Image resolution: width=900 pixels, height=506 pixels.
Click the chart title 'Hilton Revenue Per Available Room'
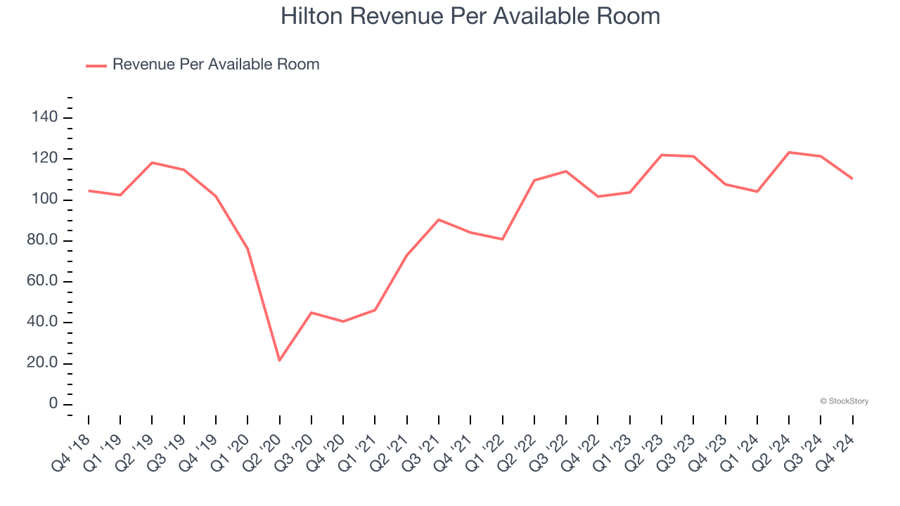(x=470, y=16)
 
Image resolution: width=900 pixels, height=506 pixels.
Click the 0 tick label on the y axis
(x=52, y=405)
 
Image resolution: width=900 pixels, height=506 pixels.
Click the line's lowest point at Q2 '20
(x=280, y=361)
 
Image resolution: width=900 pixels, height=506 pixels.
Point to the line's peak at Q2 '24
(x=790, y=153)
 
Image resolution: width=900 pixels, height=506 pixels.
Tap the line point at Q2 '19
(x=153, y=163)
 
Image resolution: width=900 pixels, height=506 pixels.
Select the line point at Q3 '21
(x=439, y=220)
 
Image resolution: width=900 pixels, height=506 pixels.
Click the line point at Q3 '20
(x=311, y=313)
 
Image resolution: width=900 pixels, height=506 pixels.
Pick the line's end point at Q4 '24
(x=853, y=179)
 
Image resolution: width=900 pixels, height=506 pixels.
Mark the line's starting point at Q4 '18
(x=89, y=190)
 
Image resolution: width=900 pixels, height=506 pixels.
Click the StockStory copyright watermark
(x=844, y=401)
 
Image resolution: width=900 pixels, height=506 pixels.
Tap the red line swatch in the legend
(x=96, y=65)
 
